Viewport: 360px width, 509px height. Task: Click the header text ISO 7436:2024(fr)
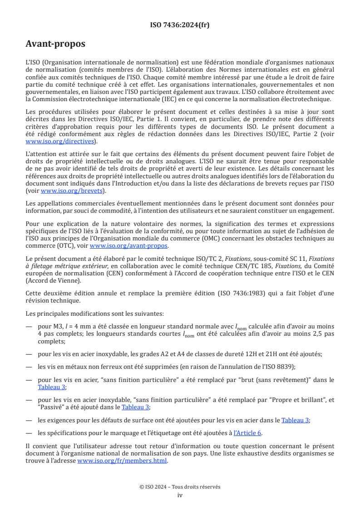click(180, 25)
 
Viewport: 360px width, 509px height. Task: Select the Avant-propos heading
click(55, 44)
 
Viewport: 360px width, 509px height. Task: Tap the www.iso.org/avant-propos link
click(129, 246)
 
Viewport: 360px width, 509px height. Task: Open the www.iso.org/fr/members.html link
click(122, 460)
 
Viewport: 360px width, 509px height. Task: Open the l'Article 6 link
click(248, 432)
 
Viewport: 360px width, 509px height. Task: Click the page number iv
click(180, 495)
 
